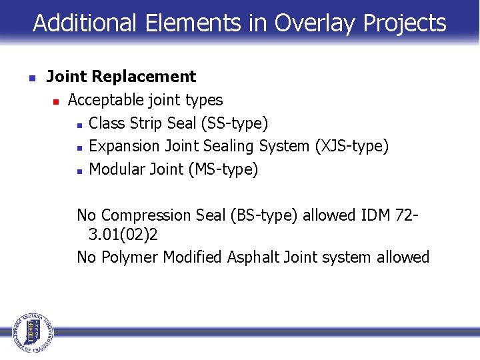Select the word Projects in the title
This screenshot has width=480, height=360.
(405, 23)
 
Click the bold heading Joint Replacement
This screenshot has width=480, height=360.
(121, 77)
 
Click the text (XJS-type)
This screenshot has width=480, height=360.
(351, 146)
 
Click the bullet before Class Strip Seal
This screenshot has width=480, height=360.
(79, 125)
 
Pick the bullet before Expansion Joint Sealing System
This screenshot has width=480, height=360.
(79, 147)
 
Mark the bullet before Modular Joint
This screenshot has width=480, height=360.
(79, 171)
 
